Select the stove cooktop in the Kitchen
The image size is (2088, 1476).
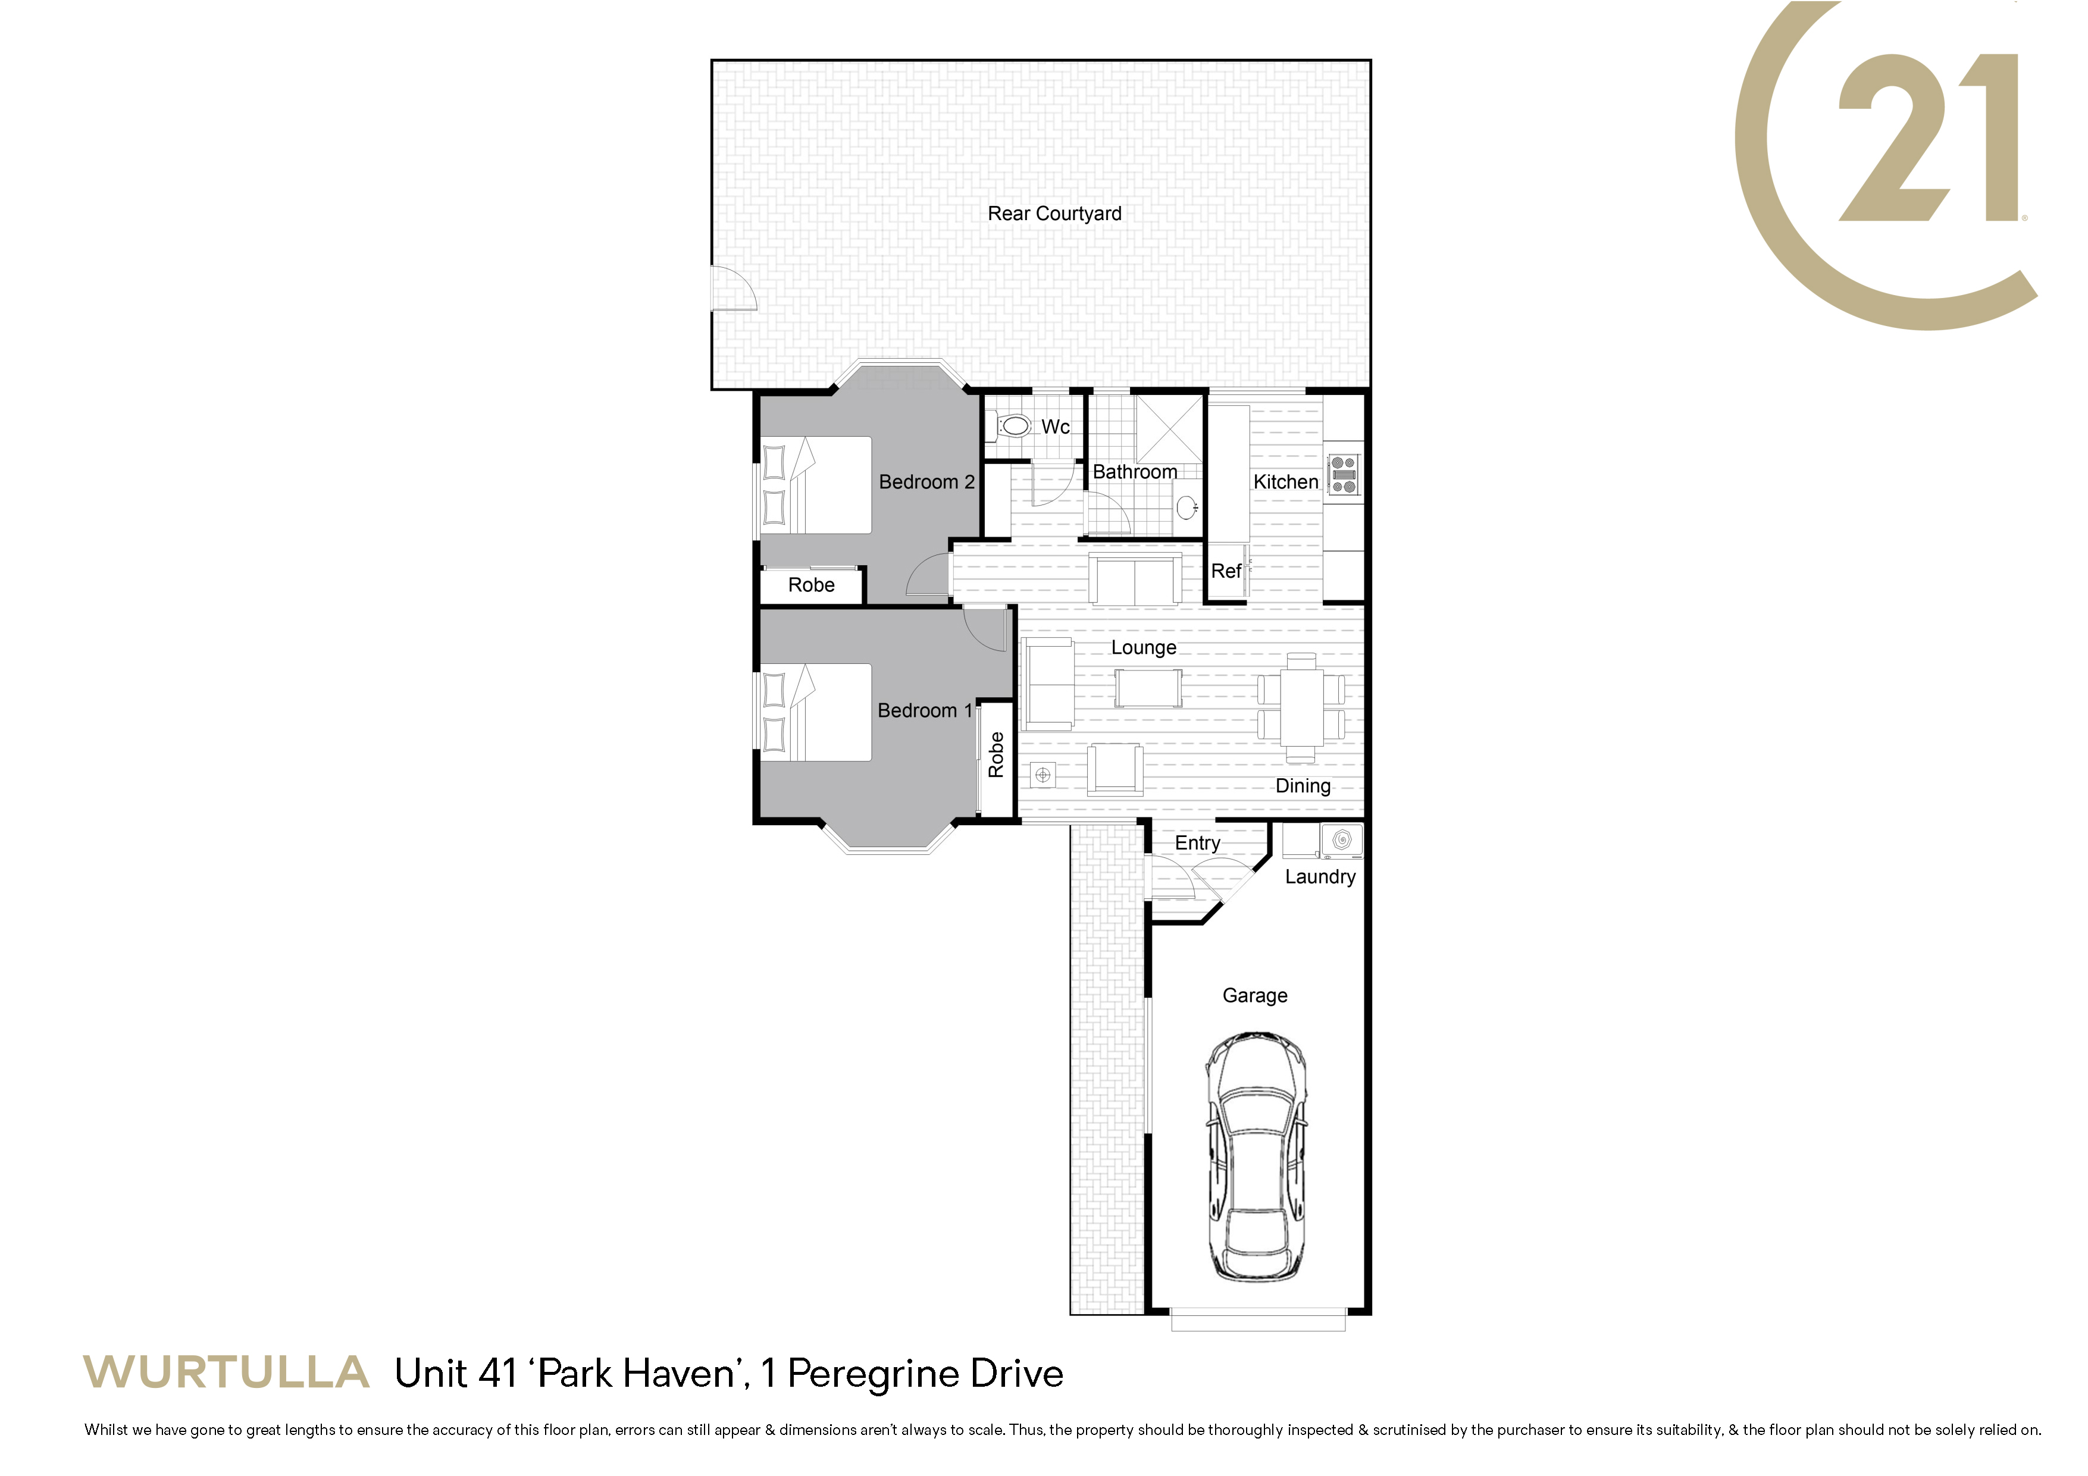click(1343, 475)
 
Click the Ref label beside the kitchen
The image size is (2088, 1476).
click(1226, 571)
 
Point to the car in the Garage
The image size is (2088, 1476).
click(1257, 1157)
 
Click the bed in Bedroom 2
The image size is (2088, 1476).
click(816, 485)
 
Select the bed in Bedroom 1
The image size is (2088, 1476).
click(816, 712)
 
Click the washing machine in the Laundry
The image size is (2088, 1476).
click(1341, 840)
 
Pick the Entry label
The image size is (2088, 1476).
click(1197, 843)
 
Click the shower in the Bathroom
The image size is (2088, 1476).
click(1169, 430)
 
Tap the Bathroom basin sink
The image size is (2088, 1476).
click(1186, 506)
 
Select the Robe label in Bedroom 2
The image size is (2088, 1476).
click(811, 585)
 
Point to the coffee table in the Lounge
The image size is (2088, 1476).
click(1148, 688)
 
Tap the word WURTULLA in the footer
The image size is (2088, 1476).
click(227, 1372)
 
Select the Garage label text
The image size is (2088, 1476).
click(1255, 996)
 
